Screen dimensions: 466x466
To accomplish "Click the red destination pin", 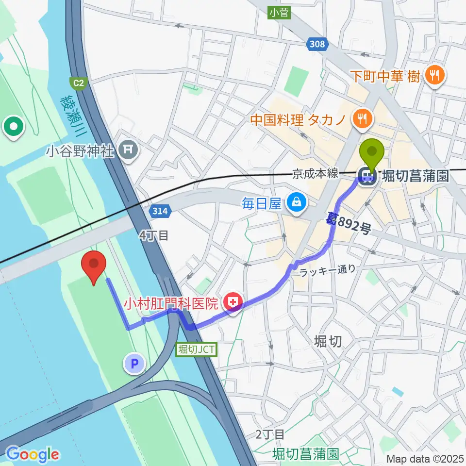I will (x=94, y=266).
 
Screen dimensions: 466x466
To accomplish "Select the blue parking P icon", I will (x=134, y=363).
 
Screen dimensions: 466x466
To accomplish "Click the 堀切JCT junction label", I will (x=196, y=349).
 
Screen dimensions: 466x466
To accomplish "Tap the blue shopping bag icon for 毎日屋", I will (x=296, y=203).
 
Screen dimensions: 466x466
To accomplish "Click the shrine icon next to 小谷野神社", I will (x=128, y=151).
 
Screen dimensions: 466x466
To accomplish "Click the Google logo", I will (x=32, y=454).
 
